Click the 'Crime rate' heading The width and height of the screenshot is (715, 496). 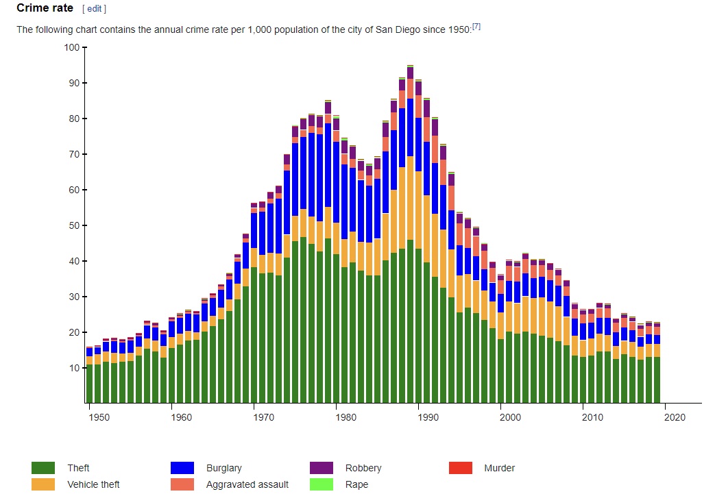(45, 8)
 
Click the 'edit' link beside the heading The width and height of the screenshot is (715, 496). (94, 9)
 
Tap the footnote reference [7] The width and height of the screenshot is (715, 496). (476, 27)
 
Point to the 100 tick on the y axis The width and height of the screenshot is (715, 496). (71, 47)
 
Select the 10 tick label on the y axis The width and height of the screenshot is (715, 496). (73, 368)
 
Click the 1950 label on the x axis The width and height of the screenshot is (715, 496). (99, 417)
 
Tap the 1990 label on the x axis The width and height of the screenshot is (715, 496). (428, 417)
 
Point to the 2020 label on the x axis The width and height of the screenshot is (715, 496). (675, 417)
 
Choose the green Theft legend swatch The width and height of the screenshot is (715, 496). (43, 468)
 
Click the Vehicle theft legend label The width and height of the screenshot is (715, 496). (93, 484)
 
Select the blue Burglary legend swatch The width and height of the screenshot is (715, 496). (182, 468)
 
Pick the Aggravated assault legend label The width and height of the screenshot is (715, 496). (247, 484)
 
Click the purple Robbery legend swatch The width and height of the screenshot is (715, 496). (321, 468)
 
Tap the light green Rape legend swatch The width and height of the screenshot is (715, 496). (321, 484)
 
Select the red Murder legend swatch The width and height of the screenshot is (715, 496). (460, 468)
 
